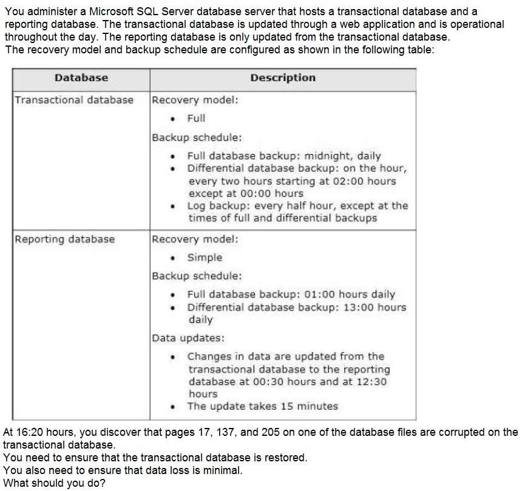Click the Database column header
81,78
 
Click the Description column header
283,78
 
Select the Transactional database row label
74,100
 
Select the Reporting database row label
64,239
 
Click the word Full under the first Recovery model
196,118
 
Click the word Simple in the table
205,258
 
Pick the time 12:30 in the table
371,382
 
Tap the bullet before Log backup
175,206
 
